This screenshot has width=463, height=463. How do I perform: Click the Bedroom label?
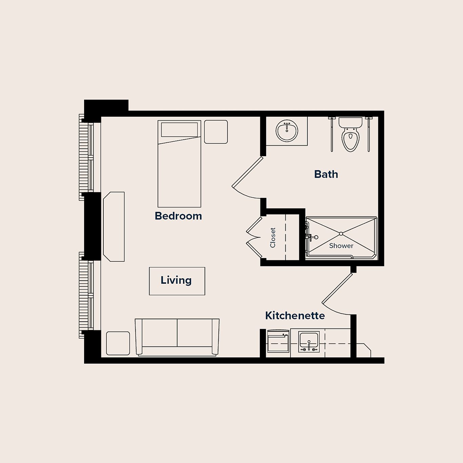[x=178, y=216]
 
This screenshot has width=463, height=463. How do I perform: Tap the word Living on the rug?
[x=176, y=280]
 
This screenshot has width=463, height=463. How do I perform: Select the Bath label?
[x=326, y=174]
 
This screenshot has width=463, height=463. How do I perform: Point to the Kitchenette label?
[x=295, y=316]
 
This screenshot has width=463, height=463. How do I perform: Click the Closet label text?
[x=273, y=238]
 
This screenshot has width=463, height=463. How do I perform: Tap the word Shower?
[x=341, y=246]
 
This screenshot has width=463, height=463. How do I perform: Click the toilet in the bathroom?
[x=350, y=135]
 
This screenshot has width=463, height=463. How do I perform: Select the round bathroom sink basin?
[x=287, y=131]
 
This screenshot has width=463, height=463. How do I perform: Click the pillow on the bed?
[x=179, y=130]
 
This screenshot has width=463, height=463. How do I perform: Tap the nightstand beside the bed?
[x=216, y=132]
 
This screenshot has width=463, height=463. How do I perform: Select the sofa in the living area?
[x=177, y=337]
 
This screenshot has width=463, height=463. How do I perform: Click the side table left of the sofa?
[x=118, y=343]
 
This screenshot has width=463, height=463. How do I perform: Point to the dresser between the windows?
[x=114, y=226]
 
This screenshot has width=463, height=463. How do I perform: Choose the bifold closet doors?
[x=254, y=237]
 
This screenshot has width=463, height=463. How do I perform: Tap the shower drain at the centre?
[x=341, y=234]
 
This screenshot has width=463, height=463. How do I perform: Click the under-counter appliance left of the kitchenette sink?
[x=278, y=341]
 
